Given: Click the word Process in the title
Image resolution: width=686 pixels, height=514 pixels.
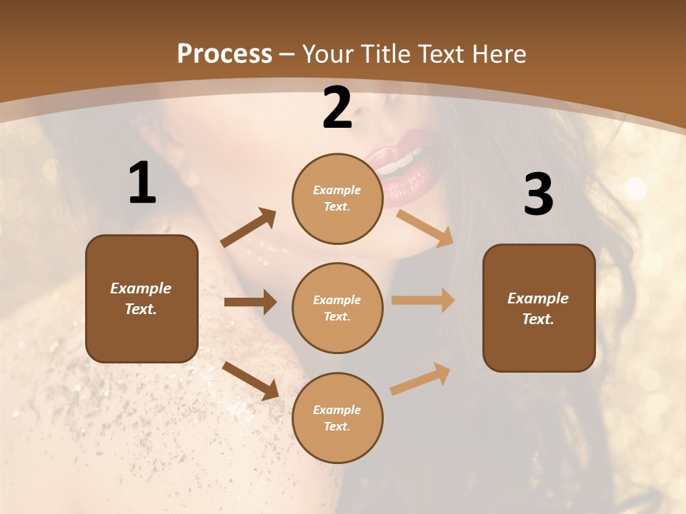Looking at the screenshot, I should pos(224,54).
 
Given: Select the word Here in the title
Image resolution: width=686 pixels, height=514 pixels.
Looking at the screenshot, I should pos(497,54).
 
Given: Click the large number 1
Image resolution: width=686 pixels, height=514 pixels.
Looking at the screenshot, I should pos(142,183).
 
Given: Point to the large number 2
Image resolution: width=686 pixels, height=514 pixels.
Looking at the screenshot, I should pos(337,109).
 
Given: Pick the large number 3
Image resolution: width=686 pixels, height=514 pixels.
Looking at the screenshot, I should pos(538,195).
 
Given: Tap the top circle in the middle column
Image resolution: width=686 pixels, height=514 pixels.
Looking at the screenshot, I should pos(337,198).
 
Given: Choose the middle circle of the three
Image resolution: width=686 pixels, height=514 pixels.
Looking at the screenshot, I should pos(337,308).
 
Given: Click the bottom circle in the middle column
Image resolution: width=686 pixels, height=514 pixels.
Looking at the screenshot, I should pos(337,418).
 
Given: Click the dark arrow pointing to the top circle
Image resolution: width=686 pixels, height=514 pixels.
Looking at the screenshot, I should pos(249,228).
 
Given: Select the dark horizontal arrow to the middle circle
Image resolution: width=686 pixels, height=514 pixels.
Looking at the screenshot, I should pos(250,302).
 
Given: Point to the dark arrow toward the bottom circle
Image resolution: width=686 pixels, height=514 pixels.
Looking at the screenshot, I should pos(250,380).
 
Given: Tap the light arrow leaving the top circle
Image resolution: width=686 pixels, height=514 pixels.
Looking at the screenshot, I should pos(424,228).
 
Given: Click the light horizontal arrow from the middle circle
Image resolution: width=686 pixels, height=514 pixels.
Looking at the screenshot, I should pos(423,301).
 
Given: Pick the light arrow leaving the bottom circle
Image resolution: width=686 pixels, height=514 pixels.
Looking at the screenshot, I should pos(420,378).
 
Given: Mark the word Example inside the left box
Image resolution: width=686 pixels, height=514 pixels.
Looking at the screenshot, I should pos(141,288).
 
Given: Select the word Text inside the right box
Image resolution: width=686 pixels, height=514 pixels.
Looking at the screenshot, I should pos(537,319).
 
